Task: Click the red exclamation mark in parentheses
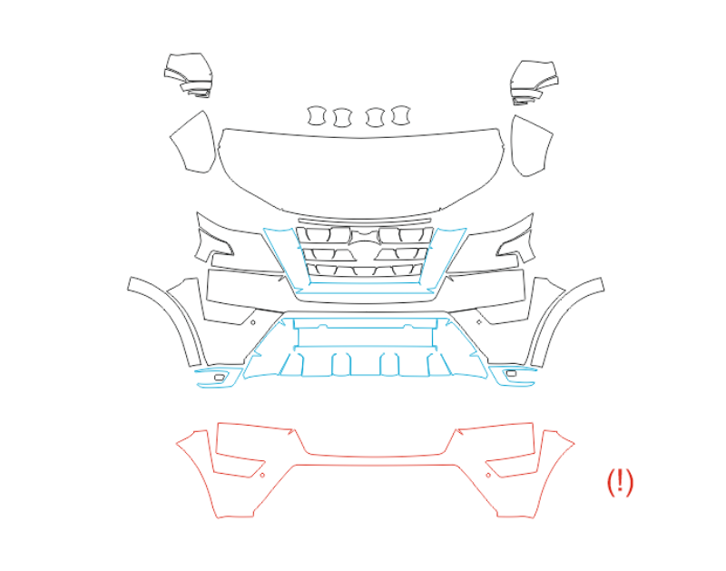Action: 620,482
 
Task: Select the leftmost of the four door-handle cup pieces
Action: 316,115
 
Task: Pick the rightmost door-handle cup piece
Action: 401,115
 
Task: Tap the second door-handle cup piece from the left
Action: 343,118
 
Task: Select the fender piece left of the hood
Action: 193,143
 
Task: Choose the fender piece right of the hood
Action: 532,146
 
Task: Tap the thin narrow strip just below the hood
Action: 365,221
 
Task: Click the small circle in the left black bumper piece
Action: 253,322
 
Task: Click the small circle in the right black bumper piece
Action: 479,322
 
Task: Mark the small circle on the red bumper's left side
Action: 262,475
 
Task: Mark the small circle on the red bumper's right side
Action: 488,475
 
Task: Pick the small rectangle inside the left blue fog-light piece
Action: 220,378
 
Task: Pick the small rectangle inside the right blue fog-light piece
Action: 511,373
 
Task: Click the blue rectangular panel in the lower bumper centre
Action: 365,337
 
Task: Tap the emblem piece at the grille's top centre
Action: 365,237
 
